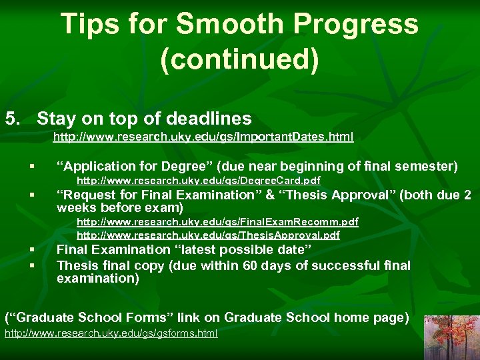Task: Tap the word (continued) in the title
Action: [239, 59]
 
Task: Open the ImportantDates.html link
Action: [203, 137]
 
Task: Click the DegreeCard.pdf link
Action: [199, 181]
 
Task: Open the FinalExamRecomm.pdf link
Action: [217, 221]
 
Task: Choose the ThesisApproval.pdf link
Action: [208, 235]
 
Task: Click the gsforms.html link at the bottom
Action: [111, 333]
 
